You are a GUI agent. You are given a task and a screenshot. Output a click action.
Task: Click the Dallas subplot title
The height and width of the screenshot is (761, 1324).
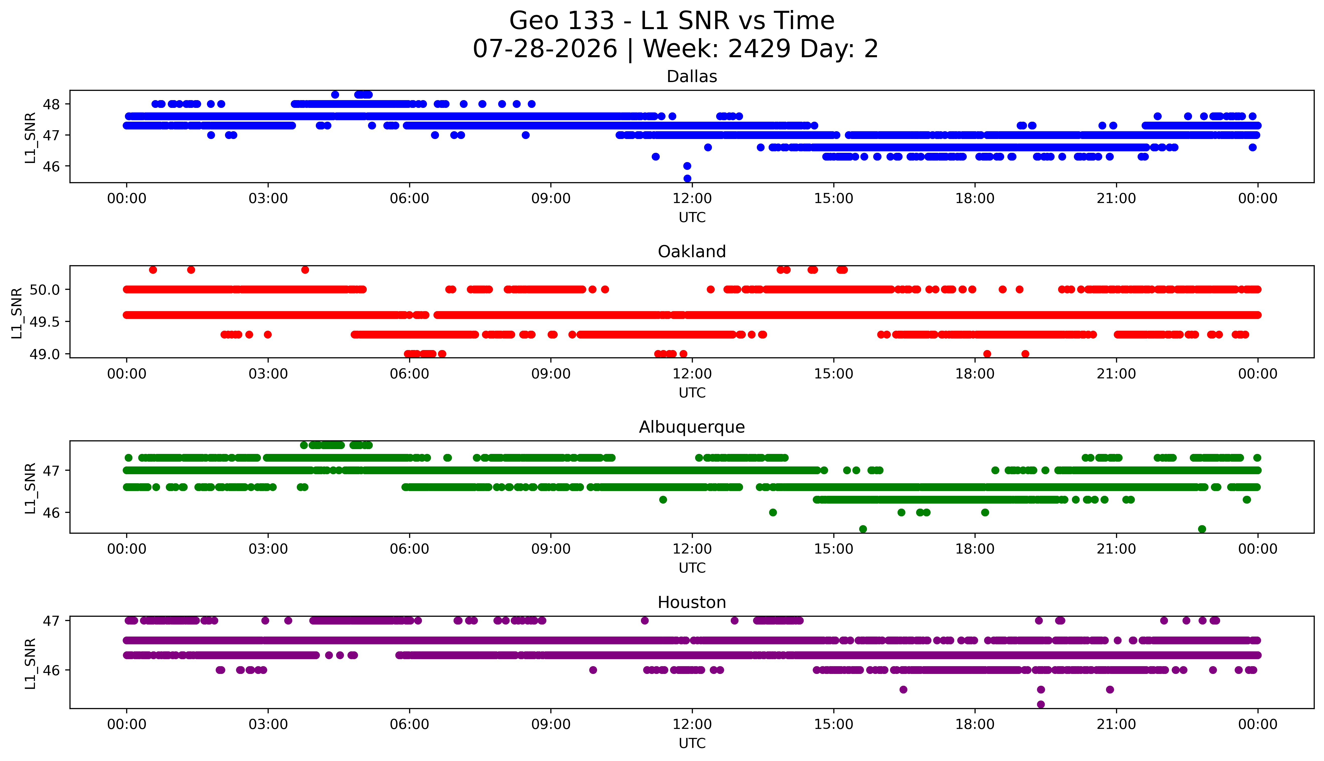(692, 77)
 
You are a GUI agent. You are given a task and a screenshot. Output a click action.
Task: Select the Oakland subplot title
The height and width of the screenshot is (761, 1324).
(692, 252)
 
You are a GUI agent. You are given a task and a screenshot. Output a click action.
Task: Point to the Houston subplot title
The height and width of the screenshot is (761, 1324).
(692, 603)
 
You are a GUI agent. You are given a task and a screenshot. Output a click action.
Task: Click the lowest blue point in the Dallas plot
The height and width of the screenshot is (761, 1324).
(687, 178)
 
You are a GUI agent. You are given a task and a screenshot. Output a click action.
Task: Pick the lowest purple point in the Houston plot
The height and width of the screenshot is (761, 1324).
(1040, 704)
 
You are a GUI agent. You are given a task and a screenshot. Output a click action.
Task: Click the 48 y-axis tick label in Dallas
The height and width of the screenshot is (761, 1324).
(52, 104)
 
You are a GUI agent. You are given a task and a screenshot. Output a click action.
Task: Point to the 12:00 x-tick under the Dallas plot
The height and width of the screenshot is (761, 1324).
(692, 199)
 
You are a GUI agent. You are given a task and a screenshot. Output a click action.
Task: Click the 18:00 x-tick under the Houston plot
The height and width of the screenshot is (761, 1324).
(975, 724)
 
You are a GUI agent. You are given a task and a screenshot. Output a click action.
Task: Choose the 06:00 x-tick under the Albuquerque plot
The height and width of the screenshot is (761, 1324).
(409, 549)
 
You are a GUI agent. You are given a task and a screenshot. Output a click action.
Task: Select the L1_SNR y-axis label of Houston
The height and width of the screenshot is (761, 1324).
(30, 663)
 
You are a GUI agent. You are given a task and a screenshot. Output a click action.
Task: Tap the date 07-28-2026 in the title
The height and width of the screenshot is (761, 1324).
(545, 49)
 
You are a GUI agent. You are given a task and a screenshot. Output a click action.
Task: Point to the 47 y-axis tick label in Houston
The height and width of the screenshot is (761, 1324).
(52, 621)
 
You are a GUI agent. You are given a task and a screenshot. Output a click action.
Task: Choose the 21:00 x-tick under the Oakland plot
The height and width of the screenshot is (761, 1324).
(1116, 374)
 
